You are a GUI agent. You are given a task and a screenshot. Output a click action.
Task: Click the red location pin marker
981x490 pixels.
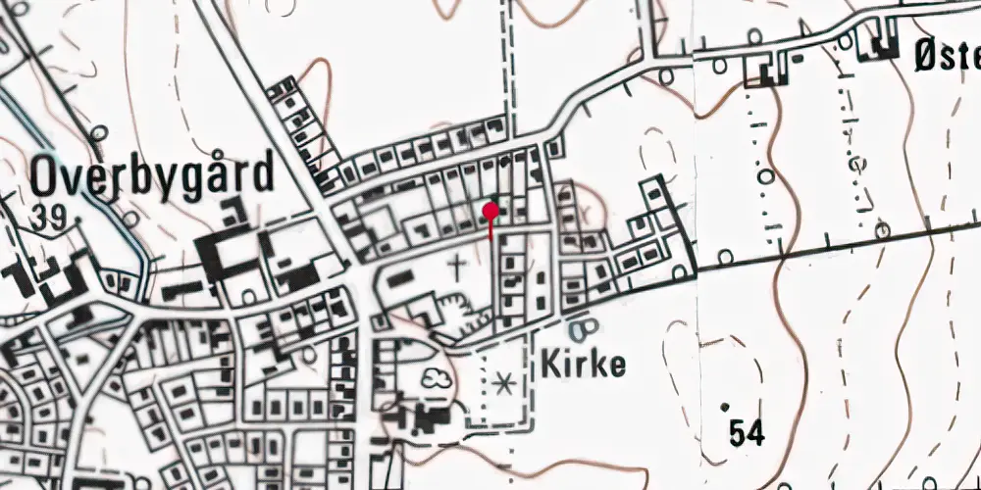490,210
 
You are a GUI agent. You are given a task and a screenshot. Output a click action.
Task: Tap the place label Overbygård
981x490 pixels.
151,176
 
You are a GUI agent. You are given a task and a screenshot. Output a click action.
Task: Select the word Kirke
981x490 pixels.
583,366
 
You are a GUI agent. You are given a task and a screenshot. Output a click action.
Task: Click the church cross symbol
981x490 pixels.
457,264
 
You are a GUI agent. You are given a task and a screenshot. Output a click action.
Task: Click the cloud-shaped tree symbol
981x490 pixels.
433,377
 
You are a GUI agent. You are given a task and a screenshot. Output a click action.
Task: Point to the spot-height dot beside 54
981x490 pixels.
725,406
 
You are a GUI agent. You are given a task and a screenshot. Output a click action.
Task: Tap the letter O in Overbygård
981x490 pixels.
47,176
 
